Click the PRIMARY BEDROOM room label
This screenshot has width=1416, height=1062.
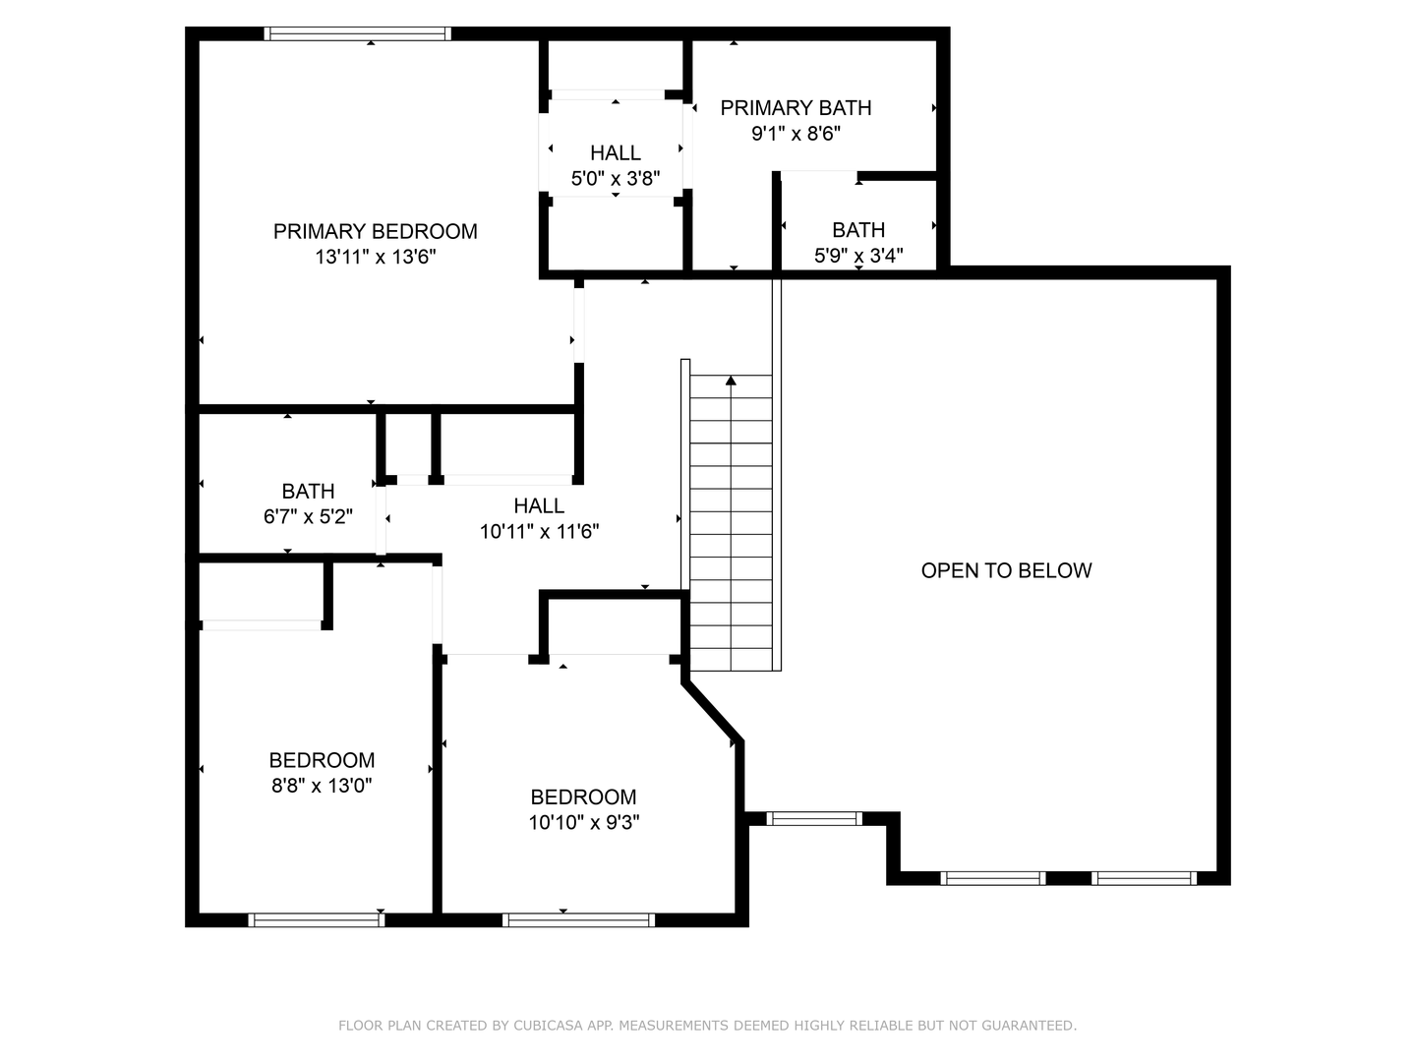click(375, 231)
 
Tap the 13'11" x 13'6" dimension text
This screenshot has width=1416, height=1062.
click(375, 257)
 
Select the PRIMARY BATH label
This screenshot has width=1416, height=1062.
click(796, 108)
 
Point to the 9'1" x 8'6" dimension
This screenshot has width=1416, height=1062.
click(796, 134)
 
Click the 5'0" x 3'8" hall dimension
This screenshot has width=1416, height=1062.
click(615, 179)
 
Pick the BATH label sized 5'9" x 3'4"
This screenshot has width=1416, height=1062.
click(858, 230)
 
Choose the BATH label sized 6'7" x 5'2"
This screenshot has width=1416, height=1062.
click(308, 491)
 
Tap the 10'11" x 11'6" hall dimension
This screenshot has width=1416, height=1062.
click(539, 532)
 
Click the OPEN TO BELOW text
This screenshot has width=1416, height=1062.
click(1006, 570)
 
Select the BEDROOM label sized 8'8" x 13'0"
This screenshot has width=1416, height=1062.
click(322, 760)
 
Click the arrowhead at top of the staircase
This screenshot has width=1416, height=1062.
click(731, 381)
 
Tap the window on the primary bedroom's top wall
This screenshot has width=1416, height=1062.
click(358, 33)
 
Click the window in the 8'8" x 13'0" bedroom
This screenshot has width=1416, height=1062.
click(316, 920)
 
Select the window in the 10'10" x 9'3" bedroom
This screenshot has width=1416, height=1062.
click(578, 920)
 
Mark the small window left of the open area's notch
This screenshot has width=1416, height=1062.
click(814, 818)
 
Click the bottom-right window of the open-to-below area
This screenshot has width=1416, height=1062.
click(1144, 878)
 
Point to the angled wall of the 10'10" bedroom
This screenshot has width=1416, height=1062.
click(713, 708)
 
